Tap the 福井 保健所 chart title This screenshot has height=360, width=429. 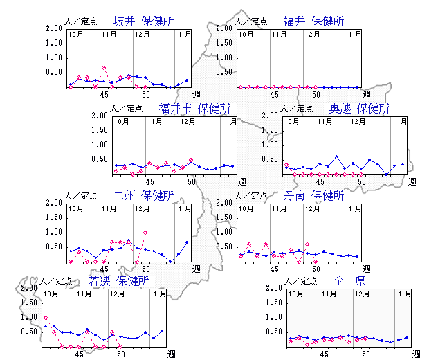coord(313,21)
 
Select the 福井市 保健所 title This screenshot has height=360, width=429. coord(194,108)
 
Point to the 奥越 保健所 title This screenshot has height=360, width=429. coord(359,108)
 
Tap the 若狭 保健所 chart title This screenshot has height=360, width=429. coord(118,281)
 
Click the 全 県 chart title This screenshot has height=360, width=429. coord(349,281)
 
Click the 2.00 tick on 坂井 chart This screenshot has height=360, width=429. coord(53,28)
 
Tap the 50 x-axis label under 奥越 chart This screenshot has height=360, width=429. coord(361,181)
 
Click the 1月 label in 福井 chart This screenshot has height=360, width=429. coord(354,33)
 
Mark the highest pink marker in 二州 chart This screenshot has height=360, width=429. coord(145,233)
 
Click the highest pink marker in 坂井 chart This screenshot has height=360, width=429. coord(103,68)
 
